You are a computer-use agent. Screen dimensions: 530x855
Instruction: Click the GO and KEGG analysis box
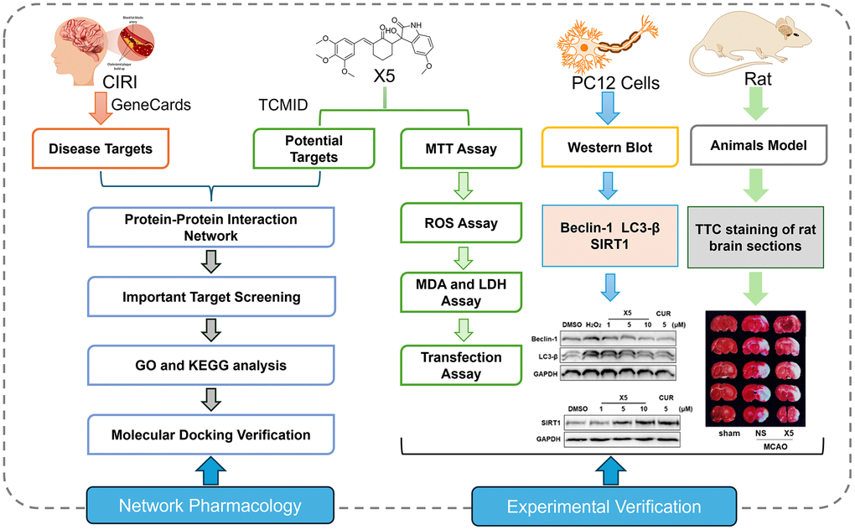210,366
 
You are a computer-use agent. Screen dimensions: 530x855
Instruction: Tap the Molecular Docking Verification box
210,434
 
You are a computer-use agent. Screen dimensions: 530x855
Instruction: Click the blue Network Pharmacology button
210,506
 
